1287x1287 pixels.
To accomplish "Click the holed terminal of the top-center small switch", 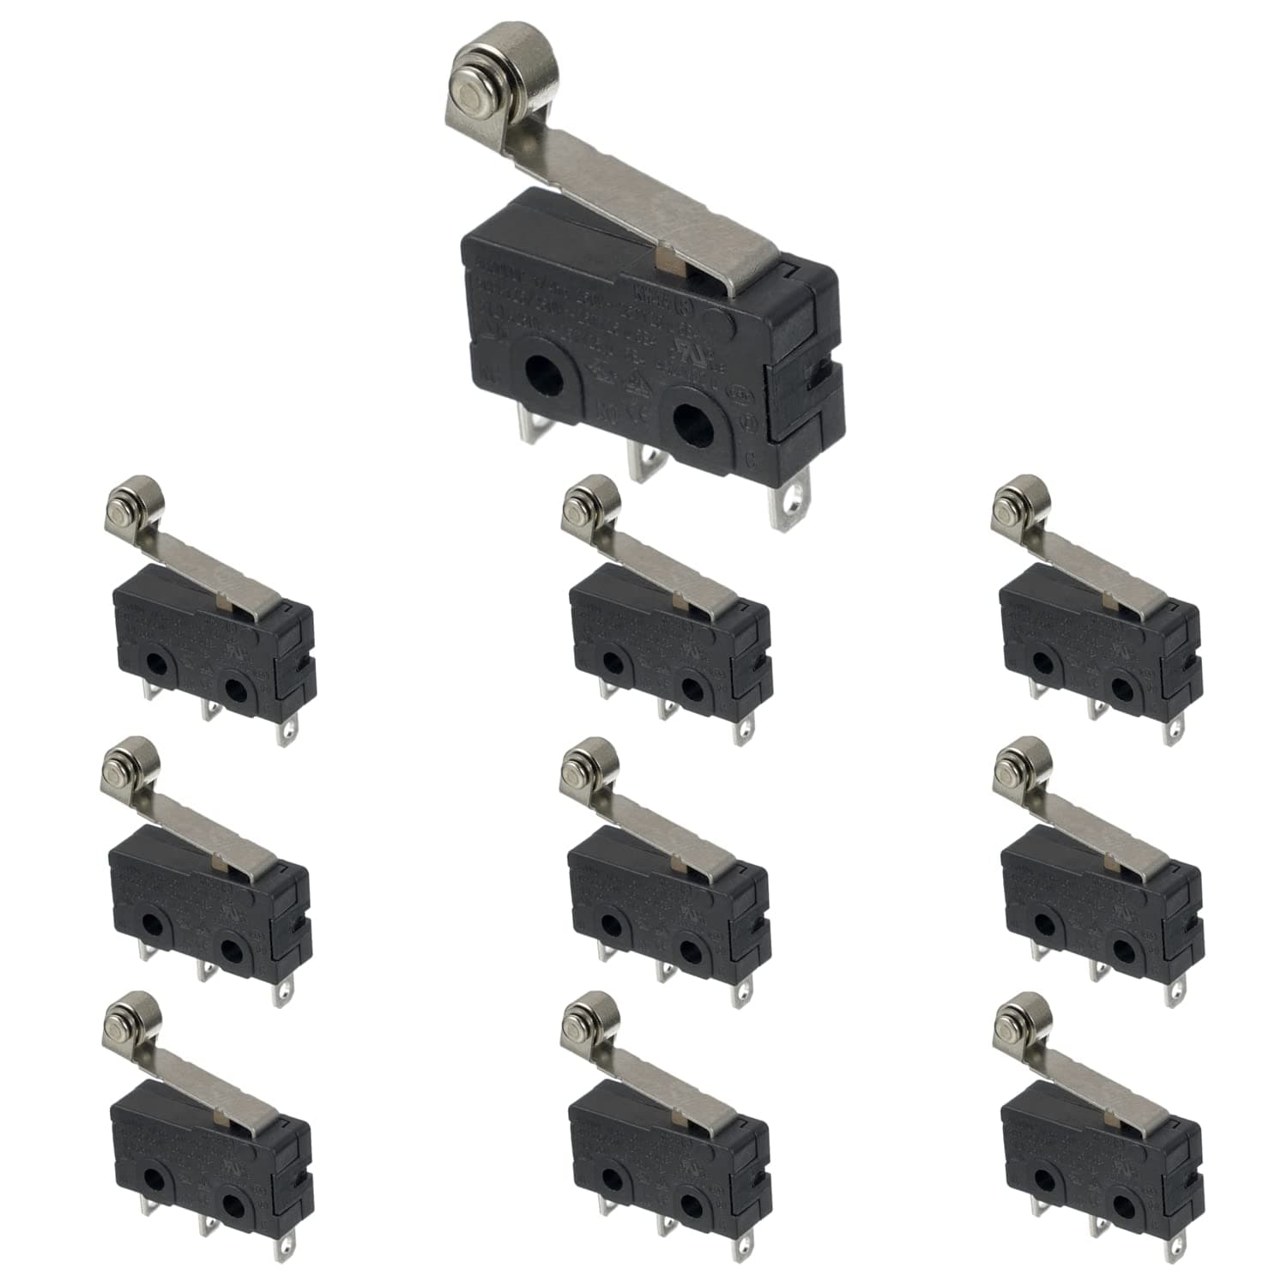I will point(740,731).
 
